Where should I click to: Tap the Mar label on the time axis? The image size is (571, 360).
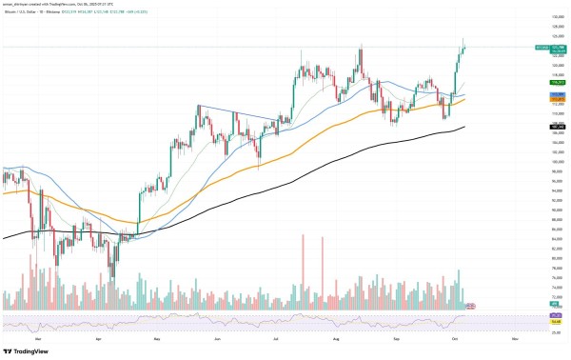[37, 336]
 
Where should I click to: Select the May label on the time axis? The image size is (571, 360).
[158, 336]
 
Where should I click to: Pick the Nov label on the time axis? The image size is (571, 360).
[515, 336]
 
